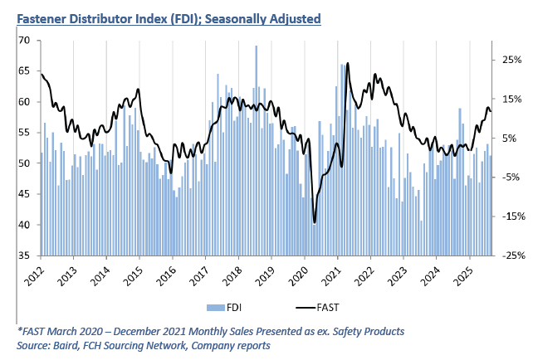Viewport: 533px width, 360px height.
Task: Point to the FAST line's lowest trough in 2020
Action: click(x=315, y=222)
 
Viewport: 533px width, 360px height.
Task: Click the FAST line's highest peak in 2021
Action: click(x=347, y=63)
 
